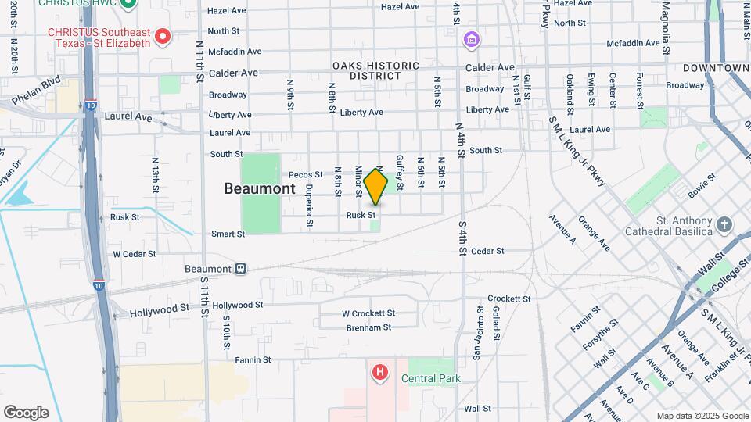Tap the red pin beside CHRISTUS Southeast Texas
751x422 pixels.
click(x=163, y=35)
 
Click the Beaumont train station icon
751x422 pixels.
click(x=241, y=269)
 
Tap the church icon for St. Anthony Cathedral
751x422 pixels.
click(x=724, y=225)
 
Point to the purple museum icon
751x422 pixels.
click(x=471, y=39)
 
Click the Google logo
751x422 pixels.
click(x=26, y=413)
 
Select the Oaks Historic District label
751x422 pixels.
click(x=375, y=71)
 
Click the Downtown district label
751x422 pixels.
click(x=716, y=68)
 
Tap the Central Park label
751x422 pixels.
click(x=430, y=379)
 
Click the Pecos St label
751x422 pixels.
click(x=305, y=175)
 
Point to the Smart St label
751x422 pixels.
click(x=228, y=234)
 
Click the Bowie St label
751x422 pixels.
click(x=702, y=186)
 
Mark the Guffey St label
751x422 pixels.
click(x=399, y=172)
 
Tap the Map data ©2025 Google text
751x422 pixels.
click(x=702, y=416)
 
